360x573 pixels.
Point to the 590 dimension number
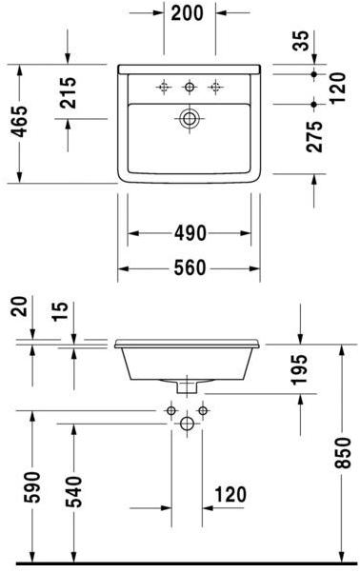(32, 487)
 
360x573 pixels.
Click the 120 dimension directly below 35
(334, 88)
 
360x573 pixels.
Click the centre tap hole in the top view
(190, 88)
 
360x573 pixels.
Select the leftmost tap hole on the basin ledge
(164, 88)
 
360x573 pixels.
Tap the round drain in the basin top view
(190, 119)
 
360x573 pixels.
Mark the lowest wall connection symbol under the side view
(189, 422)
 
